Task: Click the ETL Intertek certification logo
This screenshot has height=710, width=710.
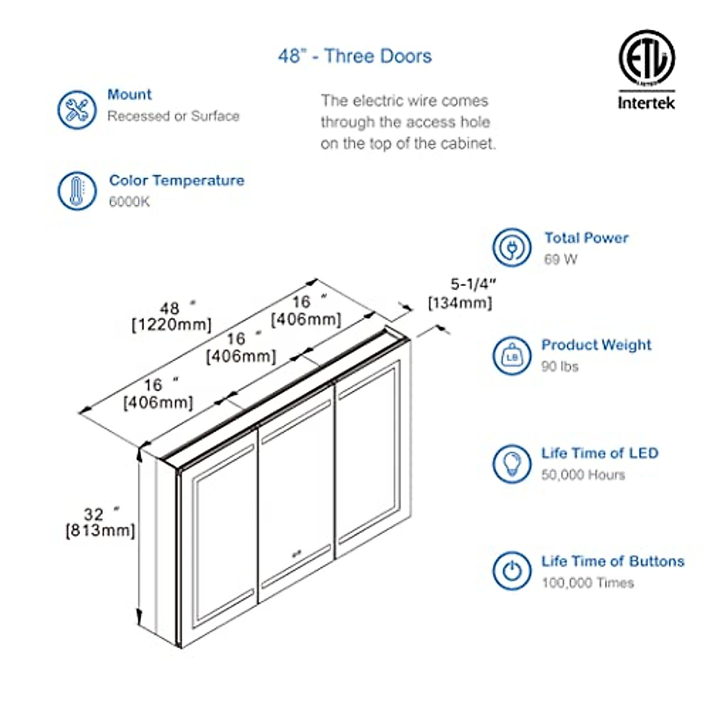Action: [x=646, y=70]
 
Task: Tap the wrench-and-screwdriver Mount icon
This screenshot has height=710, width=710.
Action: [x=77, y=109]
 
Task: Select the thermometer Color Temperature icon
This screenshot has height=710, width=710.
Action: [x=77, y=191]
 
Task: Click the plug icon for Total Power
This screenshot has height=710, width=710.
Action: [x=511, y=247]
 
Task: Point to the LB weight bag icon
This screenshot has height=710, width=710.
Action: [x=511, y=356]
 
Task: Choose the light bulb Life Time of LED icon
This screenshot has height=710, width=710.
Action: [x=511, y=463]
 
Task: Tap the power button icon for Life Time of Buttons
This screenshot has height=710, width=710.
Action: [x=511, y=571]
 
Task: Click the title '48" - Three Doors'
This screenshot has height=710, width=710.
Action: [x=355, y=56]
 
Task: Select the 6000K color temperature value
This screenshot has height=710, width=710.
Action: [x=130, y=202]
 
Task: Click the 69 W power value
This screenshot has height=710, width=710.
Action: [x=560, y=259]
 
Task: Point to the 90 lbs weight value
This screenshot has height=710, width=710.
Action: [x=560, y=367]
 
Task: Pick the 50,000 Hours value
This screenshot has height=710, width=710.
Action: [x=583, y=475]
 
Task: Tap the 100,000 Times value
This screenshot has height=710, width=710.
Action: [x=588, y=583]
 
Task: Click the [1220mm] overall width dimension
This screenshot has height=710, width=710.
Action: [x=171, y=325]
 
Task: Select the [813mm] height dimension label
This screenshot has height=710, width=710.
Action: [x=100, y=530]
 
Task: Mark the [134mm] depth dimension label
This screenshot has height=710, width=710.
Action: [x=460, y=303]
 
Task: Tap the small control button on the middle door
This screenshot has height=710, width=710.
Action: [x=295, y=555]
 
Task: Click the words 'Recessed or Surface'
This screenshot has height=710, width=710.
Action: [x=173, y=116]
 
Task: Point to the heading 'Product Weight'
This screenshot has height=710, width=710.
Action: [x=596, y=345]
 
